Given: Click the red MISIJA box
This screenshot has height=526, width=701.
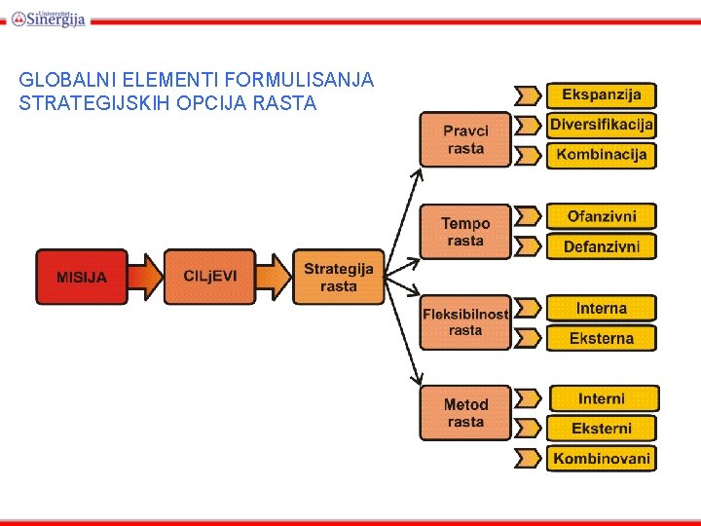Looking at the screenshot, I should coord(82,278).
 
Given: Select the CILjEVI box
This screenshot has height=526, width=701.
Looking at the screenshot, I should coord(209,277).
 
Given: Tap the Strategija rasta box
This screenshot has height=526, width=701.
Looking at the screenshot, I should coord(338,278).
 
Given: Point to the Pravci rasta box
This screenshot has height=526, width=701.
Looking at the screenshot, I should coord(465,139).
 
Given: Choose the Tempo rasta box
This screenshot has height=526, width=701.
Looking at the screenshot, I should coord(465,232).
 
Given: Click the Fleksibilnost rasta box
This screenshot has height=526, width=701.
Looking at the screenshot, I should coord(465,322).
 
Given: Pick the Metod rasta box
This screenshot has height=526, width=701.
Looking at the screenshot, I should coord(465,413).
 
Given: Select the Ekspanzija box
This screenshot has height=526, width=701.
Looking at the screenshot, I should coord(601,94).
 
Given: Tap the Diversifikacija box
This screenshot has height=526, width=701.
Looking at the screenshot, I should coord(601,125).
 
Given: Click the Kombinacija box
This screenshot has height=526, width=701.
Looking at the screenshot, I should coord(601,155).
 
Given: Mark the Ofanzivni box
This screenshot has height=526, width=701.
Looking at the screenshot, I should coord(601,216).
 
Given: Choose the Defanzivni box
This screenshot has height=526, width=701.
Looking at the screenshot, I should coord(601,246).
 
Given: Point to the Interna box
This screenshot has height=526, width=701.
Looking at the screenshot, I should coord(601,308).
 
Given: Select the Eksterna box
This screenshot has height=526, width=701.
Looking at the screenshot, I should coord(601,338).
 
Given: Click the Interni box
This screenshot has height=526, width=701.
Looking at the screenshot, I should coord(603,398).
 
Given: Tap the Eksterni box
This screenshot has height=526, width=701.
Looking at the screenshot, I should coord(601,428).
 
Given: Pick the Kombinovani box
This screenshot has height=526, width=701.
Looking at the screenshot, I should coord(601,458).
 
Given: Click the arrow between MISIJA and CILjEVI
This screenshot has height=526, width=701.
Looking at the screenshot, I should coord(145,277).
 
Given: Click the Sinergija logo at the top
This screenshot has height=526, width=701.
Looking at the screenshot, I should coord(49,18).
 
